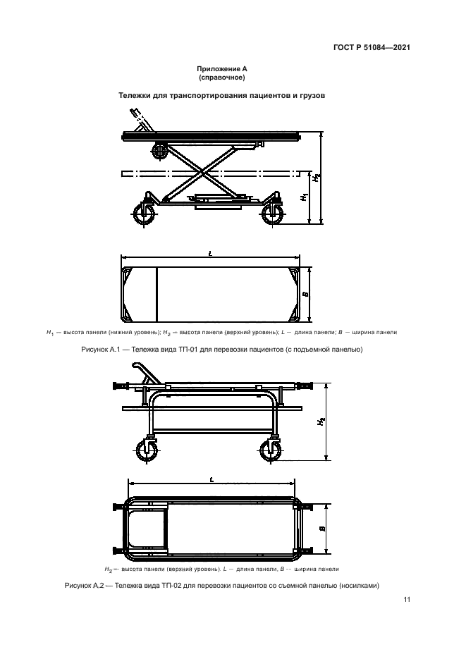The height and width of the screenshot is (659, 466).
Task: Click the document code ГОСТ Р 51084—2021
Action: click(372, 47)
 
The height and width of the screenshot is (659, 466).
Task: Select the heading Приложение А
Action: click(222, 69)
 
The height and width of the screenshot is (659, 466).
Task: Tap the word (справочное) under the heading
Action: click(222, 78)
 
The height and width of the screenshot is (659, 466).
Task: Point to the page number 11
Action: click(406, 600)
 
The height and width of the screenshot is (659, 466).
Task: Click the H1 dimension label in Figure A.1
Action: click(305, 197)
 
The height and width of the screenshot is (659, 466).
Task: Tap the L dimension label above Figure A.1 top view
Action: click(210, 254)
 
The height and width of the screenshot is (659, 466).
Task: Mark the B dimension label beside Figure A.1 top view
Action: click(305, 294)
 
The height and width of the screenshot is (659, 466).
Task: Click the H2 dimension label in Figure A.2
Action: click(321, 421)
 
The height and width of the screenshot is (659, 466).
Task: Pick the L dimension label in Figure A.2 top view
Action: click(211, 479)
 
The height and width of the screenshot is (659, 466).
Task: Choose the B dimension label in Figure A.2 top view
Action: click(322, 529)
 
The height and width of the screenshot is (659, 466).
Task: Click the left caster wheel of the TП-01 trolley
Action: click(143, 215)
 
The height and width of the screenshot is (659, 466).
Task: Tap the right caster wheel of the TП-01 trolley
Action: click(271, 215)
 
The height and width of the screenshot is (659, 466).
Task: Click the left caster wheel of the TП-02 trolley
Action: click(147, 452)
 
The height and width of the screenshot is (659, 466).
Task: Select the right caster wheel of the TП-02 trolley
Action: click(270, 452)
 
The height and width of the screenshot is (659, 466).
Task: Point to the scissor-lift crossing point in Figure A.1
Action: click(203, 173)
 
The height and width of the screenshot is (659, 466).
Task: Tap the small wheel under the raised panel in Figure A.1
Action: click(160, 152)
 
